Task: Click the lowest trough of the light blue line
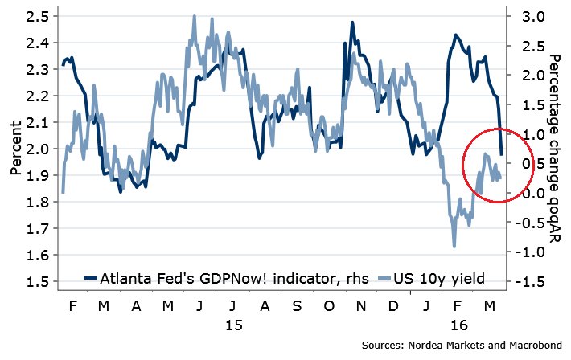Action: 454,246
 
